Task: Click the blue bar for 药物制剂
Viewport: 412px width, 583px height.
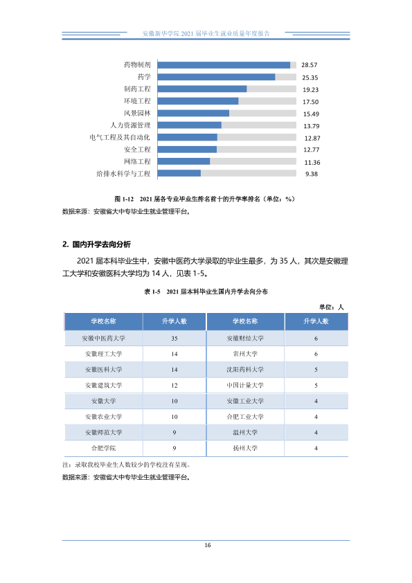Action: (x=224, y=65)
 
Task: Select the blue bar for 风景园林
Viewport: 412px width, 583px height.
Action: (x=193, y=114)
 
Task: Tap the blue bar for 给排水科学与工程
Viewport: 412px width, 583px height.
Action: (x=179, y=173)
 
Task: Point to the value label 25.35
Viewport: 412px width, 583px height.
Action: (x=310, y=78)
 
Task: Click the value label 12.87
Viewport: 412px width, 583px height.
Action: (x=312, y=138)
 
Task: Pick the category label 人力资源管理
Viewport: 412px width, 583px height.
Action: (x=130, y=125)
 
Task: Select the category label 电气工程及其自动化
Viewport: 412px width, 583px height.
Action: (x=120, y=138)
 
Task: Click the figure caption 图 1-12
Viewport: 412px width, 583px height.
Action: (x=124, y=199)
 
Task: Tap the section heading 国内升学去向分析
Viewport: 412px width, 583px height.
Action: (x=102, y=244)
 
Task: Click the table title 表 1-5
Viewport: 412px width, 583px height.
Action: (x=152, y=292)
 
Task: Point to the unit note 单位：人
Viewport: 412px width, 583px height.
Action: (x=331, y=307)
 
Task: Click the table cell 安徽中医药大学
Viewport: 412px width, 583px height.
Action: (x=103, y=339)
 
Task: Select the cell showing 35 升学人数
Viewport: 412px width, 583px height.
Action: (x=174, y=339)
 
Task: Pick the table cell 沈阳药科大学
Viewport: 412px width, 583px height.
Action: (x=245, y=370)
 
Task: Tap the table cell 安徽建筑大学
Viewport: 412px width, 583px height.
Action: (x=103, y=385)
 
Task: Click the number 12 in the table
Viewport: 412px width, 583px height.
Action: (x=174, y=386)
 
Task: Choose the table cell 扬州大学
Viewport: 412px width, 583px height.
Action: (x=245, y=448)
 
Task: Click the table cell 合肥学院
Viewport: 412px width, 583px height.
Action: (x=103, y=448)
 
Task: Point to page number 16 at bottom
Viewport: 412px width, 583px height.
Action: (x=208, y=545)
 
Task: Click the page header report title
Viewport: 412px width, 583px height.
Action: (x=206, y=33)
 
